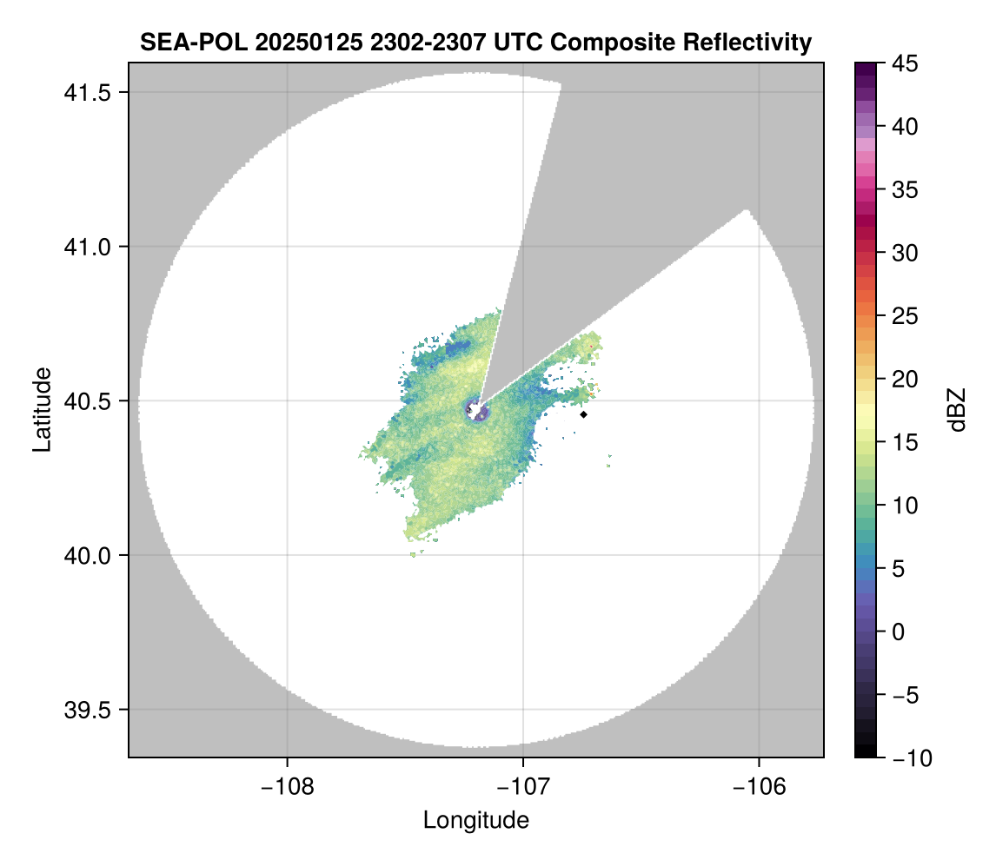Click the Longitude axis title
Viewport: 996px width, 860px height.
click(475, 819)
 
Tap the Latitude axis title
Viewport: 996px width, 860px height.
click(41, 408)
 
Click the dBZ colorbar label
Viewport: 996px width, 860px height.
click(957, 409)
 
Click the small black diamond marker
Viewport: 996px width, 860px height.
click(584, 414)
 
